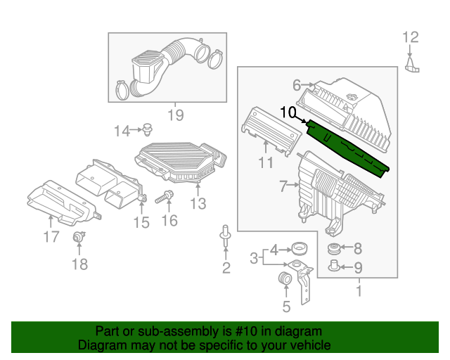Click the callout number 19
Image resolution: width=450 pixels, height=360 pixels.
[174, 114]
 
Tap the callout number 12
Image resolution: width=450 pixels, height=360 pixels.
[410, 37]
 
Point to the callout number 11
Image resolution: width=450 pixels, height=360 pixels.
[265, 164]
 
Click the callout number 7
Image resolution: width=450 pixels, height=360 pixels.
[283, 186]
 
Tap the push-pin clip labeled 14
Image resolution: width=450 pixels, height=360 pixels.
[148, 129]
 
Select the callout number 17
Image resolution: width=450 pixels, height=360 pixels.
[51, 237]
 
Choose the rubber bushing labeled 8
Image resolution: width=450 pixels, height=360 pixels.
[335, 248]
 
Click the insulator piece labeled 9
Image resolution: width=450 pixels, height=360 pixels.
[335, 266]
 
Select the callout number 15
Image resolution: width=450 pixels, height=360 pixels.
[141, 222]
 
